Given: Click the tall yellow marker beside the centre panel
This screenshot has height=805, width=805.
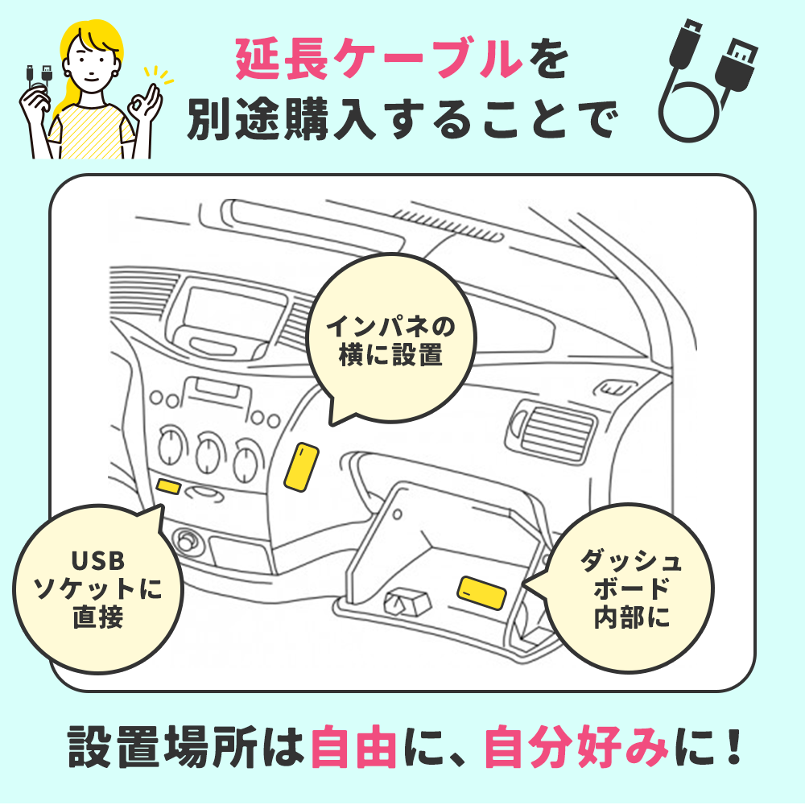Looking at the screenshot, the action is [x=302, y=466].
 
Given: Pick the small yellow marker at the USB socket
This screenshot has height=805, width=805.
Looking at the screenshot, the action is [x=169, y=485].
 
